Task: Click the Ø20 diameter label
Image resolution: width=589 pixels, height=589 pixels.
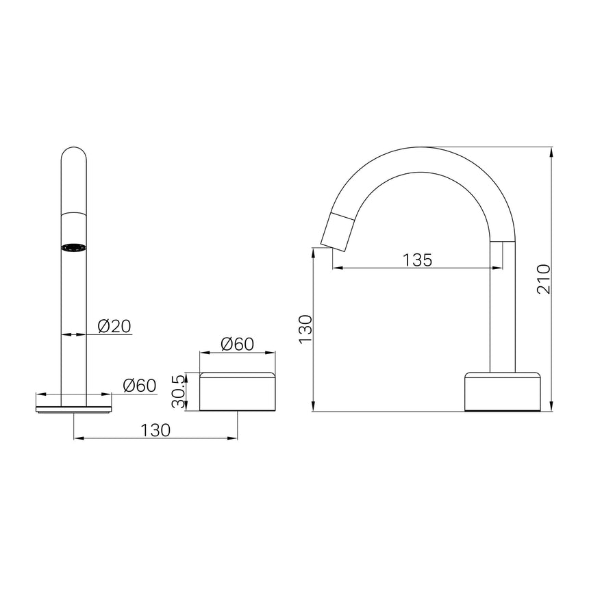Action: (114, 326)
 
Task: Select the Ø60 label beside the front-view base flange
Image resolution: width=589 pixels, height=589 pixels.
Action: (140, 386)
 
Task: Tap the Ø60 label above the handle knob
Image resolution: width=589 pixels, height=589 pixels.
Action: (238, 344)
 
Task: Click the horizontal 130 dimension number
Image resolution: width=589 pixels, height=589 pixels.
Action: (155, 429)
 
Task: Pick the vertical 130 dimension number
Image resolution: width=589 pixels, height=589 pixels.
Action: (305, 329)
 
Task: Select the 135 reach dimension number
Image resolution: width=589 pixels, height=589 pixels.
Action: (416, 260)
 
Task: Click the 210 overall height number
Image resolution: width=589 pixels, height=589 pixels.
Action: (543, 279)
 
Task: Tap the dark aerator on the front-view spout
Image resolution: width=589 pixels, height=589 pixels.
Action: (74, 247)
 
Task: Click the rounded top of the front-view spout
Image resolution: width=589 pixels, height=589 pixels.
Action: (74, 154)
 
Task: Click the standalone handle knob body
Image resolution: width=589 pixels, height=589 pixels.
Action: (238, 392)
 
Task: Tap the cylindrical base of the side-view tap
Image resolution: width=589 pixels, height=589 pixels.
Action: (503, 391)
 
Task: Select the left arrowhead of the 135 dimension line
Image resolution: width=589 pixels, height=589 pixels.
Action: (336, 268)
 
